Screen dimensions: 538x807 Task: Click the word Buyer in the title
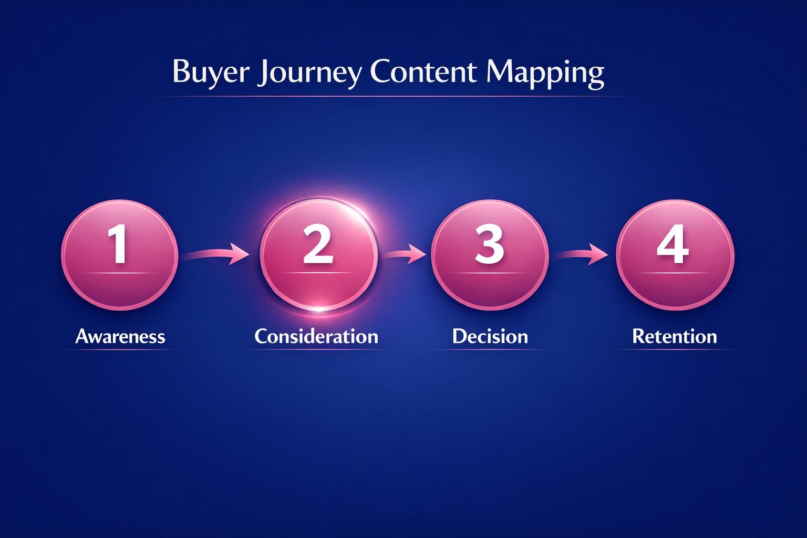[209, 72]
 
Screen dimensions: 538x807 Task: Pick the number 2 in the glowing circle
[318, 244]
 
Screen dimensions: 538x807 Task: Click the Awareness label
[120, 336]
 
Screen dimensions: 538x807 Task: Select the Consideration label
[316, 336]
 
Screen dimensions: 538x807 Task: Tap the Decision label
[490, 336]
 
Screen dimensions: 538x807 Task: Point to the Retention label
[675, 336]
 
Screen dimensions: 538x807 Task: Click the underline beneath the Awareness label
[120, 349]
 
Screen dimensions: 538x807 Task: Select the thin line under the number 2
[318, 273]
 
